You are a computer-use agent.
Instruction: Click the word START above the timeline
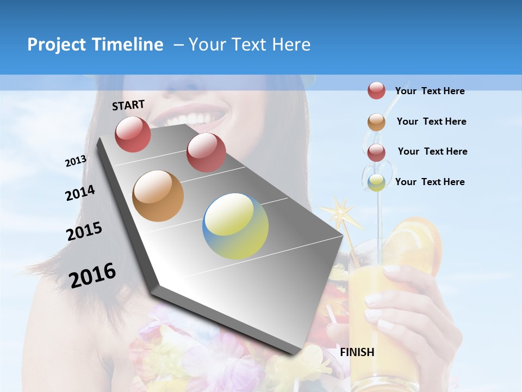point(128,105)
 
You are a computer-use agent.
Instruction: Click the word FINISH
point(357,352)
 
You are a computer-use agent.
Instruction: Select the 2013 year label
point(76,161)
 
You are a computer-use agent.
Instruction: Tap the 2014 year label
point(80,193)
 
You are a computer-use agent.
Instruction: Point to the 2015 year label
point(84,231)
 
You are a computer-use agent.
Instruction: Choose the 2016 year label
point(92,275)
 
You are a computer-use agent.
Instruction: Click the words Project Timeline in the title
point(95,45)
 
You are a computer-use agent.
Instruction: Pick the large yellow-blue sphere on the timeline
point(235,226)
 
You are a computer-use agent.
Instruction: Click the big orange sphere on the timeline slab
point(158,196)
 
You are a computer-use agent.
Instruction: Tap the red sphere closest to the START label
point(133,134)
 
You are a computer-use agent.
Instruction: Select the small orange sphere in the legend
point(376,122)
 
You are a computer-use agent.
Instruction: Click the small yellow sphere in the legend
point(376,182)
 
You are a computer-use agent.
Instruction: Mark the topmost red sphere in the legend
point(376,90)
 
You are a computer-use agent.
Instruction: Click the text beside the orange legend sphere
point(431,121)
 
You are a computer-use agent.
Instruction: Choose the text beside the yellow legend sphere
point(430,182)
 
